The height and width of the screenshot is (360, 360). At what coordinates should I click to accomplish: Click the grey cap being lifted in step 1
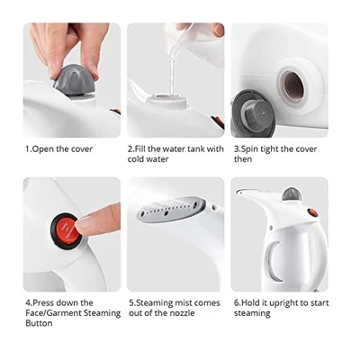[76, 79]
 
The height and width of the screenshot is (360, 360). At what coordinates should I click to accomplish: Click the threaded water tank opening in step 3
[292, 86]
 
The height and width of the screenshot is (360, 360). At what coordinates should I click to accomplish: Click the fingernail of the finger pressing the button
[82, 223]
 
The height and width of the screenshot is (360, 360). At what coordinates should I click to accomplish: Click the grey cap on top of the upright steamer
[292, 194]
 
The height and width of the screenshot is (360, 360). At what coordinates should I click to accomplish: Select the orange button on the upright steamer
[313, 212]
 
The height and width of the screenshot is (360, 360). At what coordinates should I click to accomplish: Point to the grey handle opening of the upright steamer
[273, 262]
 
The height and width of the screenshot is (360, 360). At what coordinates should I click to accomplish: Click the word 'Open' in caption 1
[43, 149]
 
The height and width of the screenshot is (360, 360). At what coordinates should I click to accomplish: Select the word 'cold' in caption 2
[136, 159]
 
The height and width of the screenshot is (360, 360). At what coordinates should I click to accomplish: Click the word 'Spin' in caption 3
[249, 149]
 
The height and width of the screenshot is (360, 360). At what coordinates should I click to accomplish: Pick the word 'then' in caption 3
[243, 159]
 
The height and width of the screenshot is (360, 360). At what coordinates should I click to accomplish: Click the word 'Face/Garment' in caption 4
[53, 313]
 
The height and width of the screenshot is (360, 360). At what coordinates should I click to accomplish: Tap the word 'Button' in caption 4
[39, 323]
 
